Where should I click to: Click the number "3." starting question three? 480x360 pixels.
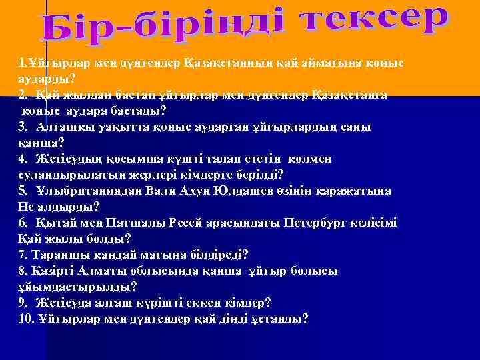click(23, 127)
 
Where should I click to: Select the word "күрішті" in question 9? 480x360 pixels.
click(161, 302)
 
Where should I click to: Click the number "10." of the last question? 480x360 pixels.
click(27, 319)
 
